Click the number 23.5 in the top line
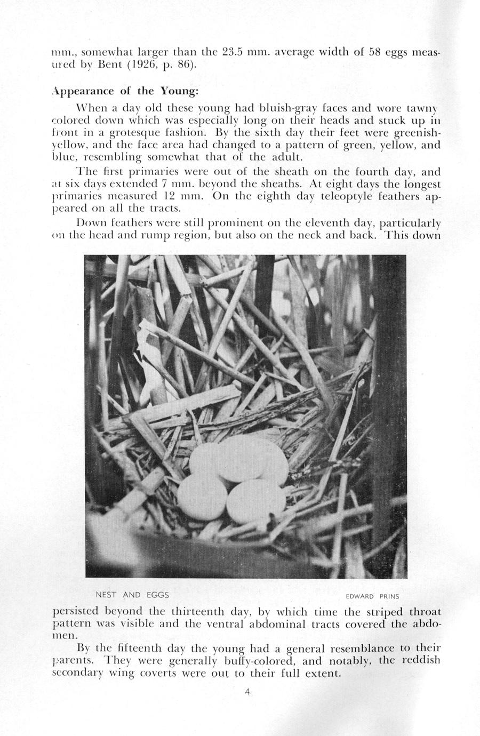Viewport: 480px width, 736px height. [x=232, y=52]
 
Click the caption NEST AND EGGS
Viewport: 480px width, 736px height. [x=132, y=595]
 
